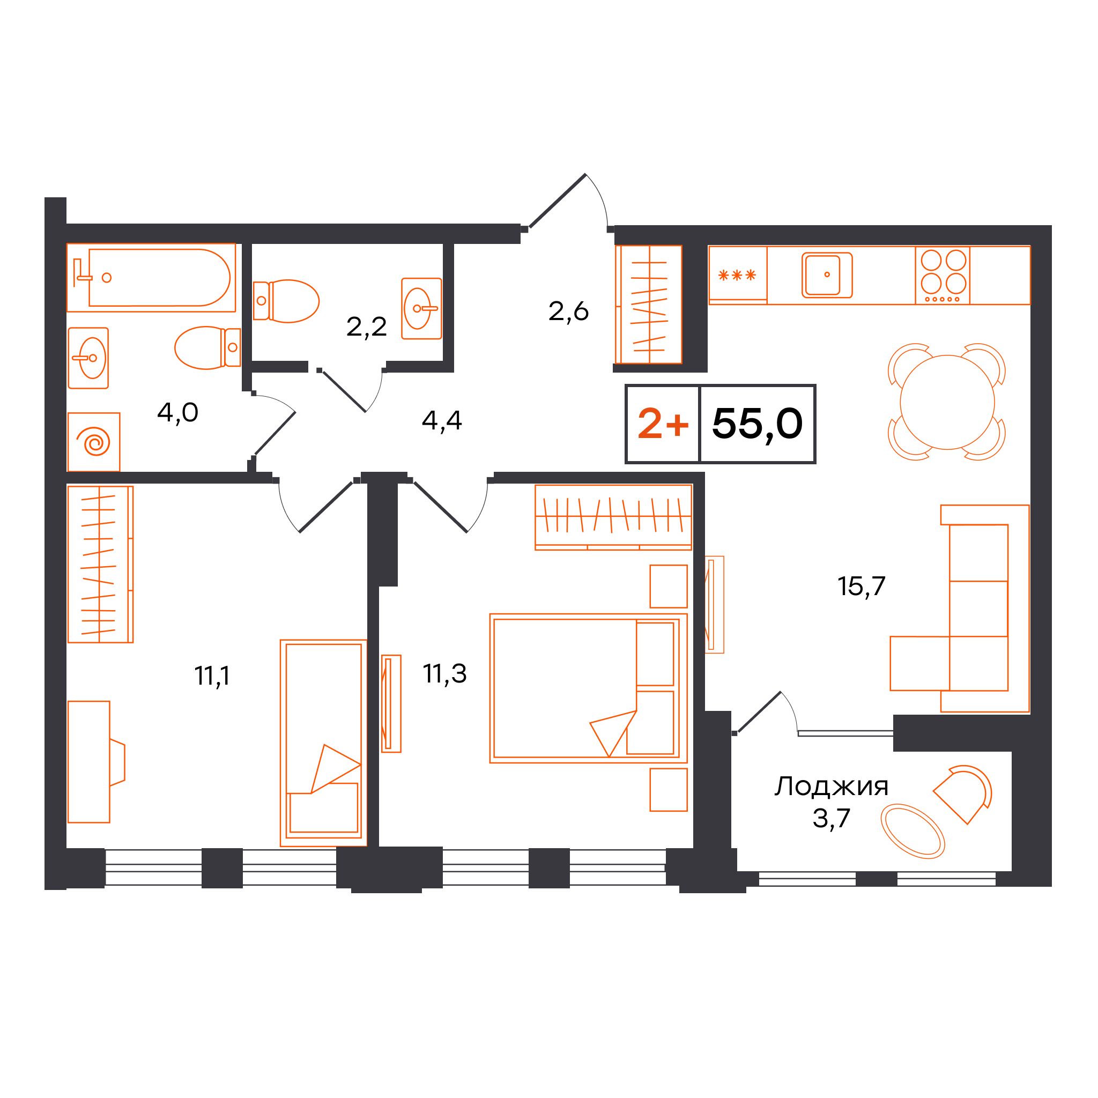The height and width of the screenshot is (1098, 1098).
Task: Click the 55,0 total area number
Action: pos(757,424)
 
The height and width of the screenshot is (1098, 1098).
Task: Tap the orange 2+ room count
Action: pos(663,424)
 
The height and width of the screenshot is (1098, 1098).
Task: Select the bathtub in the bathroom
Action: pos(151,277)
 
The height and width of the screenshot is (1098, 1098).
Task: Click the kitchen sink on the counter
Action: pos(827,275)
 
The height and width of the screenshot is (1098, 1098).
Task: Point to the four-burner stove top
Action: pos(943,276)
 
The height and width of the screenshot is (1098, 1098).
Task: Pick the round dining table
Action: pos(947,403)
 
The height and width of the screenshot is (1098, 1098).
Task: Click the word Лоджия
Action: pos(832,787)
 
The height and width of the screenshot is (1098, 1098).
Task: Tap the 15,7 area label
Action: pos(862,586)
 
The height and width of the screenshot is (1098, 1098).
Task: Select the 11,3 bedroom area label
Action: pos(444,673)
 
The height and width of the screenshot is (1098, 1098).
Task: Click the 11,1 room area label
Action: pos(212,676)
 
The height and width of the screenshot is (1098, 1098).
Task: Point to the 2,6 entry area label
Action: pos(568,311)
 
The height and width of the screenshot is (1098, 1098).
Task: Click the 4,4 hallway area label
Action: pos(442,420)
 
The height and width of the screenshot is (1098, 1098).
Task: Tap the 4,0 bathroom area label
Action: pos(178,413)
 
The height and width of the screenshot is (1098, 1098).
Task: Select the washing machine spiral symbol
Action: pos(97,442)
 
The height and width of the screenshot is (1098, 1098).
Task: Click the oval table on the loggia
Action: pos(912,831)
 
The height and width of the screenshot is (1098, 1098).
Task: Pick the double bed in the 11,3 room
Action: pos(588,688)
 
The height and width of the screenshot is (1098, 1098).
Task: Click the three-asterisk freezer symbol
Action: pos(737,276)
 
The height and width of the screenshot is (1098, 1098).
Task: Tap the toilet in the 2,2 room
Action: pos(286,301)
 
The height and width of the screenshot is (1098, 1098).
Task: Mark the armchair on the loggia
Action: pos(964,795)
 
